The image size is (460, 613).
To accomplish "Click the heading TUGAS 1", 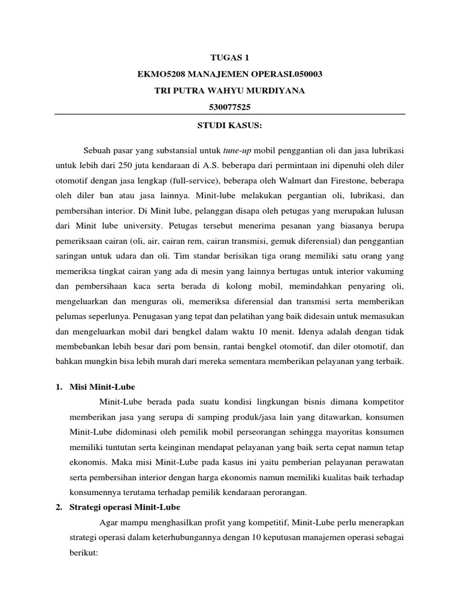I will [229, 58].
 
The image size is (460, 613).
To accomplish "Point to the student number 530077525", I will [229, 108].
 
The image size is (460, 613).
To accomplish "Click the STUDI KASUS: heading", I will [229, 128].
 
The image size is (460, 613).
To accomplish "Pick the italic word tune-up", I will [238, 150].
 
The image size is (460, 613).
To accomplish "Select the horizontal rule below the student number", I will [229, 115].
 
